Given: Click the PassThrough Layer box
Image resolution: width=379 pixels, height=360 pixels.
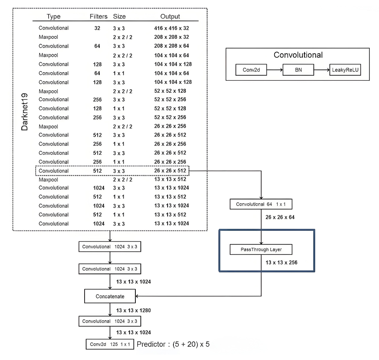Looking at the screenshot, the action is click(x=261, y=249).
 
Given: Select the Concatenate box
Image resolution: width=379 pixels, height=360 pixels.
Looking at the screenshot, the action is click(x=110, y=296).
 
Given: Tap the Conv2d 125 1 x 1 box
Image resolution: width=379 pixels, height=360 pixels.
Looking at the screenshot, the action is click(x=110, y=344).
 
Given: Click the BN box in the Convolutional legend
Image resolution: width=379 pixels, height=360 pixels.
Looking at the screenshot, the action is click(x=298, y=70).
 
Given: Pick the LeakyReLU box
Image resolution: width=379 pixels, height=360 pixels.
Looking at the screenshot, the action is click(x=345, y=70).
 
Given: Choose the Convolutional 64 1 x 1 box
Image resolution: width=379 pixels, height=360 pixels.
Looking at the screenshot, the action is click(x=261, y=204).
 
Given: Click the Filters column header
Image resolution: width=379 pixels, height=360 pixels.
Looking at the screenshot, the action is click(x=99, y=16).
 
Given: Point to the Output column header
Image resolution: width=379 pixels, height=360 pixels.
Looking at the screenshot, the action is click(x=170, y=16).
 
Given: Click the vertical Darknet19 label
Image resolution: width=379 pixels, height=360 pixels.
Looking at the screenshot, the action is click(x=24, y=112).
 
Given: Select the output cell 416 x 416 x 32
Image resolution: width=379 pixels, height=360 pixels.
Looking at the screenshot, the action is click(x=171, y=28).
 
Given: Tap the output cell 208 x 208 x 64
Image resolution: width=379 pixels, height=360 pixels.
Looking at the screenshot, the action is click(x=171, y=46).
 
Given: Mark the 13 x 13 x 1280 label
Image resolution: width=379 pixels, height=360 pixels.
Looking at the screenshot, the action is click(x=133, y=310).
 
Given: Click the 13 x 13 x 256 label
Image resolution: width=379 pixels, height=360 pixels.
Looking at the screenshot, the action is click(x=281, y=262).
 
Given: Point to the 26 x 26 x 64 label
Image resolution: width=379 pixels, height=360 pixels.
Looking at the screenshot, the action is click(x=280, y=217).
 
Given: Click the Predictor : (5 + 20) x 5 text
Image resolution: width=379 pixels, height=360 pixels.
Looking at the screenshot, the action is click(x=173, y=344).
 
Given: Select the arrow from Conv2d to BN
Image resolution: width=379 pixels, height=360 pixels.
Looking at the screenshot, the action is click(x=275, y=70).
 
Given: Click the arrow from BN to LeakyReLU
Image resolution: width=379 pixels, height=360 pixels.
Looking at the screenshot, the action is click(x=322, y=70).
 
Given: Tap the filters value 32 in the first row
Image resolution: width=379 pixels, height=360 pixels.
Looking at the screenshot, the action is click(x=97, y=28).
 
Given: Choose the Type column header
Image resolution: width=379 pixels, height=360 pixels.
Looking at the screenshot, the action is click(x=54, y=16).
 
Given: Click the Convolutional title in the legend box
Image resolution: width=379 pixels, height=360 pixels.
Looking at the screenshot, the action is click(x=298, y=55).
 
